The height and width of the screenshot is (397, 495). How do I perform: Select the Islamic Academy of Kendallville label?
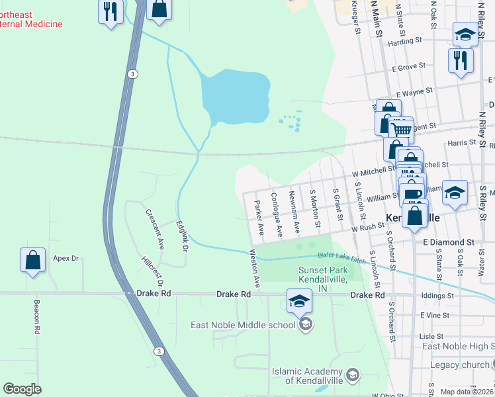click(x=309, y=375)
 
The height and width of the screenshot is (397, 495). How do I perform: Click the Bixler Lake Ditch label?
click(x=341, y=257)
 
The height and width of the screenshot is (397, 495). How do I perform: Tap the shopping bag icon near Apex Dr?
click(x=32, y=261)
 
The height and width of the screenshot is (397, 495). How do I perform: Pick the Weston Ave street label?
click(x=256, y=268)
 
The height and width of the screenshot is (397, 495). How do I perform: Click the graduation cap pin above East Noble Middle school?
click(x=299, y=302)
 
